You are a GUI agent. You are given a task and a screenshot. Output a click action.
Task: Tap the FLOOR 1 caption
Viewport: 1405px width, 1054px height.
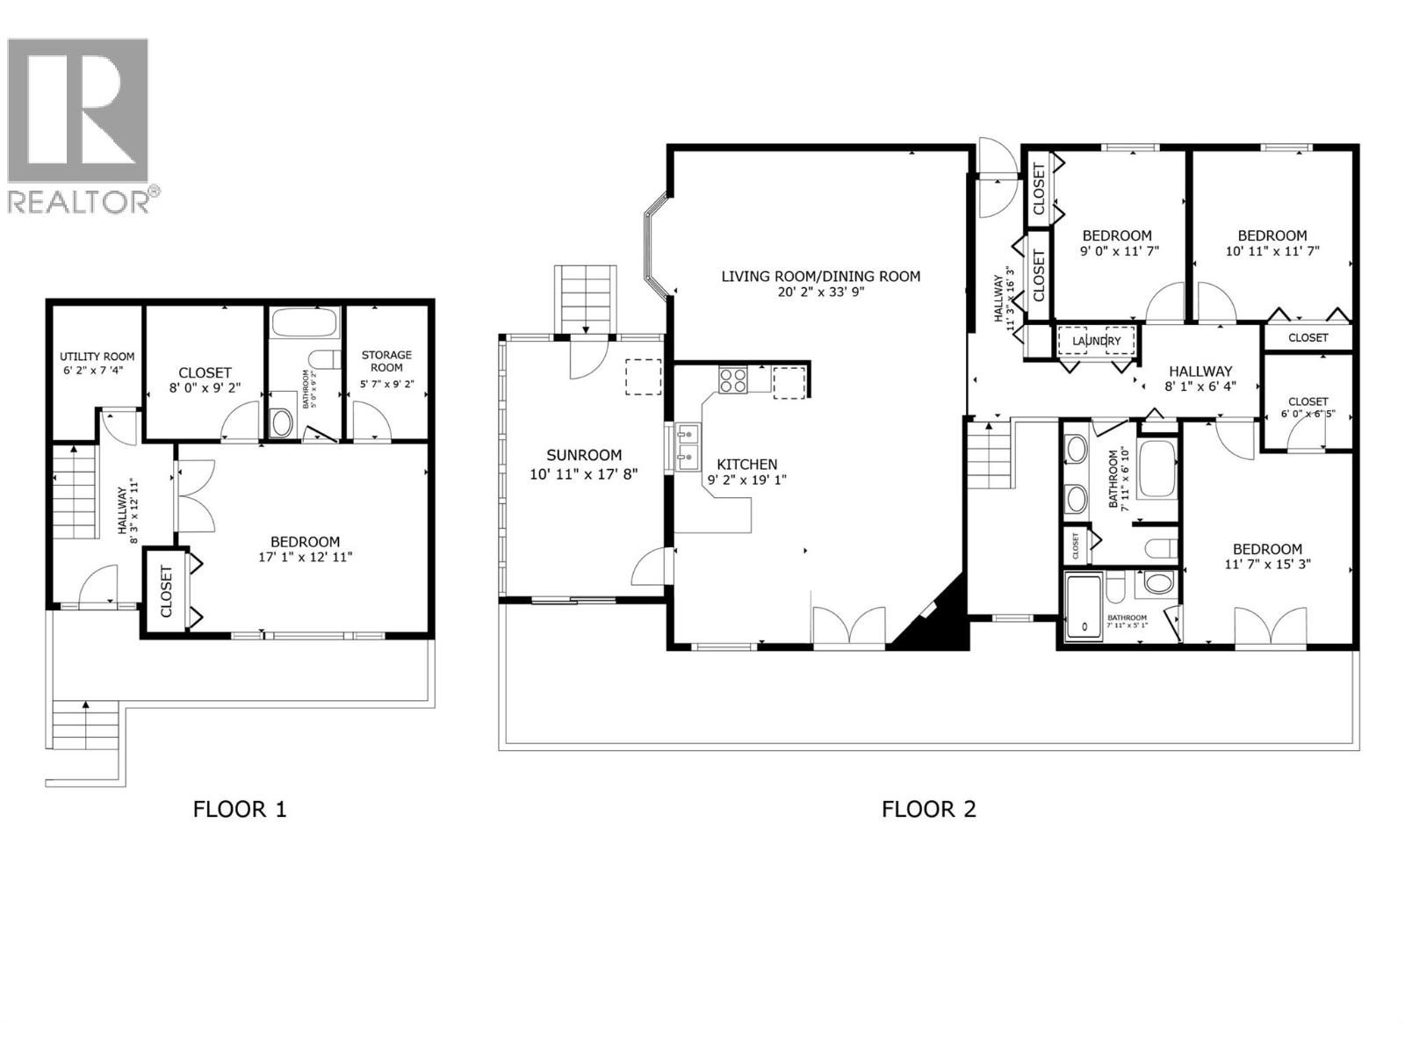(x=240, y=809)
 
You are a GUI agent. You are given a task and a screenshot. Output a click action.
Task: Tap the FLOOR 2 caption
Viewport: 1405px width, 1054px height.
(x=928, y=809)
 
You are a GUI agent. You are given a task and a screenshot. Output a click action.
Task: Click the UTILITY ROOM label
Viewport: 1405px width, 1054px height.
(x=97, y=357)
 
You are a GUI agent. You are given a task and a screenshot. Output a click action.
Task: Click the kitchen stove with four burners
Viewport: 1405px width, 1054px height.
(x=733, y=379)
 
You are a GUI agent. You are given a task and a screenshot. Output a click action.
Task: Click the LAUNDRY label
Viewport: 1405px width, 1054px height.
(x=1096, y=341)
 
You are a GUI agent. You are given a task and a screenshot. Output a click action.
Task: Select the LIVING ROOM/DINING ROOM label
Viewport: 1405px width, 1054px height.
(x=820, y=276)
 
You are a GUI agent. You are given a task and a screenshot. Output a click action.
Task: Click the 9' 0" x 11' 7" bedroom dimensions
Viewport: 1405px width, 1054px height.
(x=1119, y=250)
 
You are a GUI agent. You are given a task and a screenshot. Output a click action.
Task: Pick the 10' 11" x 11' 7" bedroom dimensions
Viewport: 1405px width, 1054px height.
(x=1272, y=250)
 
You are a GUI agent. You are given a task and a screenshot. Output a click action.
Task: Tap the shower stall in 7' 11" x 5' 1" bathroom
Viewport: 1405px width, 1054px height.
(x=1084, y=606)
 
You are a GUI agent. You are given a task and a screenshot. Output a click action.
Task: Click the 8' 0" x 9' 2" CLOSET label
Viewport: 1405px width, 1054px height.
(x=205, y=372)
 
